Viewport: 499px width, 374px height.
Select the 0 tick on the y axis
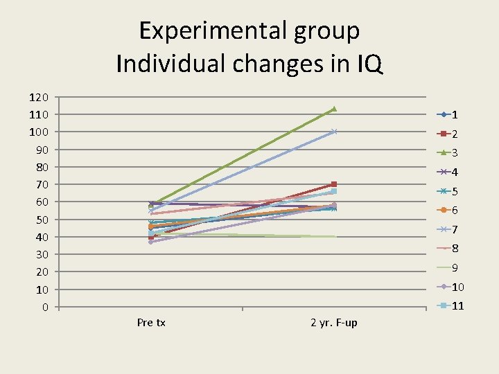pos(44,307)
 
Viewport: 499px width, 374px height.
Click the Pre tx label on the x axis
pos(151,322)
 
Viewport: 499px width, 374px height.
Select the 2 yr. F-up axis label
pos(334,322)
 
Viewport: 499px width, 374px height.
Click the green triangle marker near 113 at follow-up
pos(334,109)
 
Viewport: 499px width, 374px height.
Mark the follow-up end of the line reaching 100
pos(334,132)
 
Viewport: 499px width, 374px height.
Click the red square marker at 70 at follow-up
pos(334,184)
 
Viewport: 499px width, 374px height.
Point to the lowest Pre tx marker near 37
pos(151,242)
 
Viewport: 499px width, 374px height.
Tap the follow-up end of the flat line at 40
pos(334,237)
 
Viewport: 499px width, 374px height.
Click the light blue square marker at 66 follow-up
pos(334,191)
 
